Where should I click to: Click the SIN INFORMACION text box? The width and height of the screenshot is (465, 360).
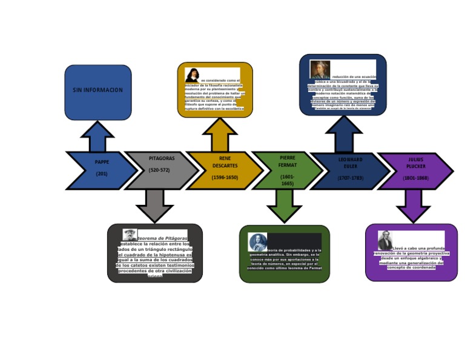(98, 91)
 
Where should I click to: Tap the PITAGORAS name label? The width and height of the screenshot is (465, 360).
(162, 159)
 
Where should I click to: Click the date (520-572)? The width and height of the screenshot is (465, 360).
(159, 170)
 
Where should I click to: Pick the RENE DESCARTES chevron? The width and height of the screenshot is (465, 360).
(225, 170)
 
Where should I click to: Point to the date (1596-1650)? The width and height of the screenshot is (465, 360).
(225, 178)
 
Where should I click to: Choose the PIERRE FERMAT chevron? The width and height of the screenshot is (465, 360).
(287, 170)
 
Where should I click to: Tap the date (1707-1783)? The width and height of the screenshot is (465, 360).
(350, 178)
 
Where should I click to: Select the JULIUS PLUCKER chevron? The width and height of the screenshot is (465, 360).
(415, 170)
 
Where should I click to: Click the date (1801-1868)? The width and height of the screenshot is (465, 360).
(415, 178)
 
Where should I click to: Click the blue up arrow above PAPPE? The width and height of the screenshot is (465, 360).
(97, 137)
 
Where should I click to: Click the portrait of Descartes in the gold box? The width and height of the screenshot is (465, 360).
(193, 75)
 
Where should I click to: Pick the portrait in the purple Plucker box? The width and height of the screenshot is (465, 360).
(385, 241)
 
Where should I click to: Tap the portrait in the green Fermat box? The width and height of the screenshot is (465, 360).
(258, 242)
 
